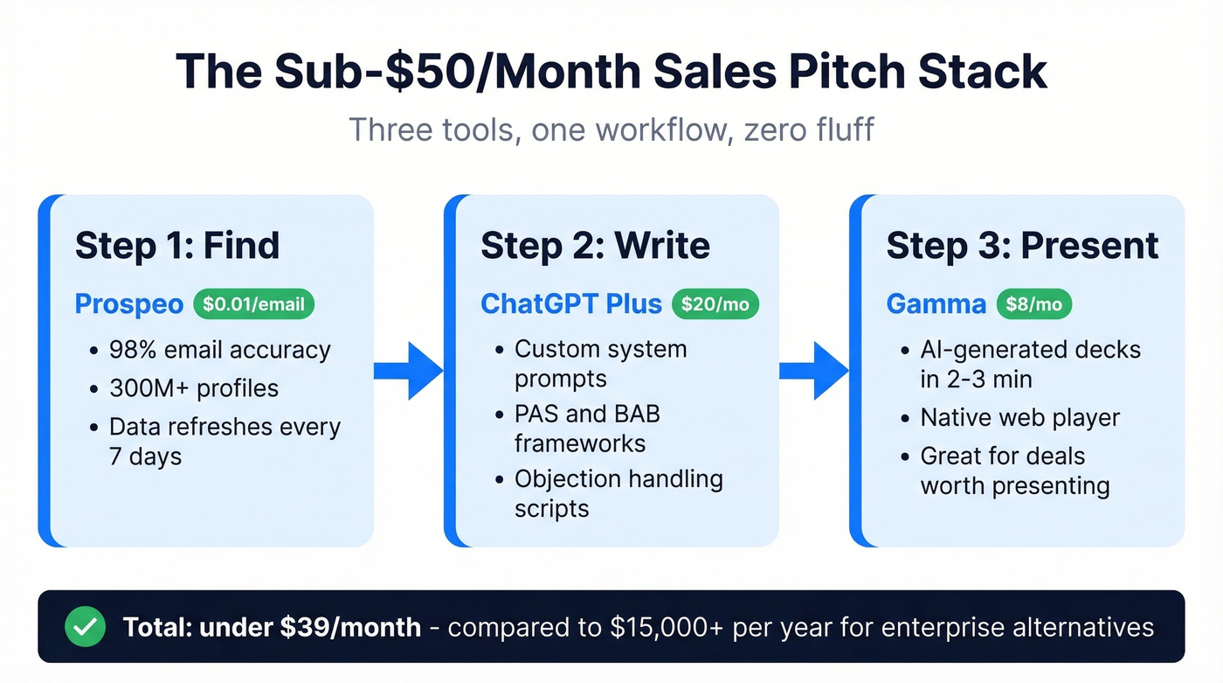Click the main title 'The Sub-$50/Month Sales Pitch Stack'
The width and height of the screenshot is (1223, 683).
click(611, 72)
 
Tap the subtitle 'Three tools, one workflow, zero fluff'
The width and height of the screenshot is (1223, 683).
click(611, 129)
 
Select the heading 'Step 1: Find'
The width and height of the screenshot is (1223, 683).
click(177, 246)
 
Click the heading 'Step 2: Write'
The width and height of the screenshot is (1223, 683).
click(595, 246)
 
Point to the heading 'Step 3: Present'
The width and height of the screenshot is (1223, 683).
click(1022, 246)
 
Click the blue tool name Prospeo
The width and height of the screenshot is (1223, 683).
click(129, 303)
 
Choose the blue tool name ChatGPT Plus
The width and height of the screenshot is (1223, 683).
click(571, 303)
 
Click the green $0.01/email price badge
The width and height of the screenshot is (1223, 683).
click(253, 303)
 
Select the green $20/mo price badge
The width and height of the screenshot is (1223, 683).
click(715, 303)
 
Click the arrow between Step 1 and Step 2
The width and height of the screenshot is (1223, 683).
click(409, 372)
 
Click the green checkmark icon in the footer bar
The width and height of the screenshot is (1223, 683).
click(86, 626)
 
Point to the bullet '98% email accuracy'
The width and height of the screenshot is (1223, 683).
click(219, 351)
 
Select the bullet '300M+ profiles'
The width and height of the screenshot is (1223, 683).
click(193, 387)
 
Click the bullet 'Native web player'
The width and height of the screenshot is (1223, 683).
click(1019, 417)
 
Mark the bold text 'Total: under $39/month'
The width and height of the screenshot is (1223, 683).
click(272, 627)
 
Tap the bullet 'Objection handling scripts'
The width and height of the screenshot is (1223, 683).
click(618, 494)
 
